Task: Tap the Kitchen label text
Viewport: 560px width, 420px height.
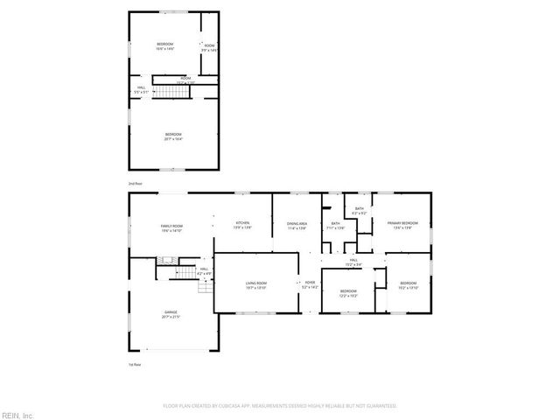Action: point(243,226)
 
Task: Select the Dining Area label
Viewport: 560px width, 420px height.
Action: point(297,226)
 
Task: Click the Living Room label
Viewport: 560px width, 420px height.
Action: point(255,285)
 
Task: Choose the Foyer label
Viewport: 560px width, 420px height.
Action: point(309,284)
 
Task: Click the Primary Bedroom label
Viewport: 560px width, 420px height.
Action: point(403,226)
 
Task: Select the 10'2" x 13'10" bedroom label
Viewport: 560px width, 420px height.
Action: point(409,285)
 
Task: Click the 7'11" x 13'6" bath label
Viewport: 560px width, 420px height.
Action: point(336,226)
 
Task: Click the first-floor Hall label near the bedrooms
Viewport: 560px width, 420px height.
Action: point(354,262)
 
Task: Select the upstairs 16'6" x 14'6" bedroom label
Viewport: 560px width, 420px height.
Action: point(165,47)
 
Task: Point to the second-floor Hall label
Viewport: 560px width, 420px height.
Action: point(141,89)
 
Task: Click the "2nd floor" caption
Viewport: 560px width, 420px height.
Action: point(135,184)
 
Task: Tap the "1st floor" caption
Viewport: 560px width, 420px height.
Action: point(135,364)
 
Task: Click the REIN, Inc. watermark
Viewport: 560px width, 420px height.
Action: point(17,414)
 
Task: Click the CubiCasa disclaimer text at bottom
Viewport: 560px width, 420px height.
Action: point(279,406)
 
